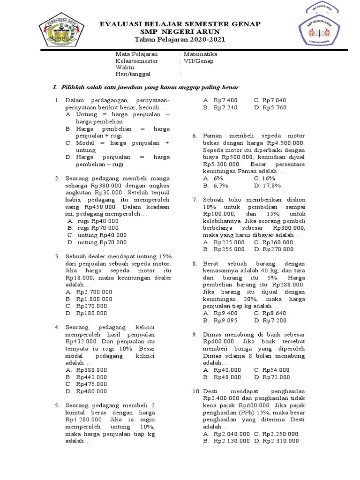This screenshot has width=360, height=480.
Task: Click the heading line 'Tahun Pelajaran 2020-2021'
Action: (180, 40)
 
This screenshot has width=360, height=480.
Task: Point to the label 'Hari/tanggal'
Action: (134, 74)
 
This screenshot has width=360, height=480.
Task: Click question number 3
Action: (57, 256)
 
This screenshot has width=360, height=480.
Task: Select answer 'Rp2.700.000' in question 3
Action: (94, 292)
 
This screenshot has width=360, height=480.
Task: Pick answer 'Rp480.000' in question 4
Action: (92, 391)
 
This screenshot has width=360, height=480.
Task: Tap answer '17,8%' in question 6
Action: (272, 186)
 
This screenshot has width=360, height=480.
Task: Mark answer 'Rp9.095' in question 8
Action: (225, 320)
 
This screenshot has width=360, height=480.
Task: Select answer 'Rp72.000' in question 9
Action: (277, 377)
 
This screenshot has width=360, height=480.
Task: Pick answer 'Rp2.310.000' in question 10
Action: (281, 441)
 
